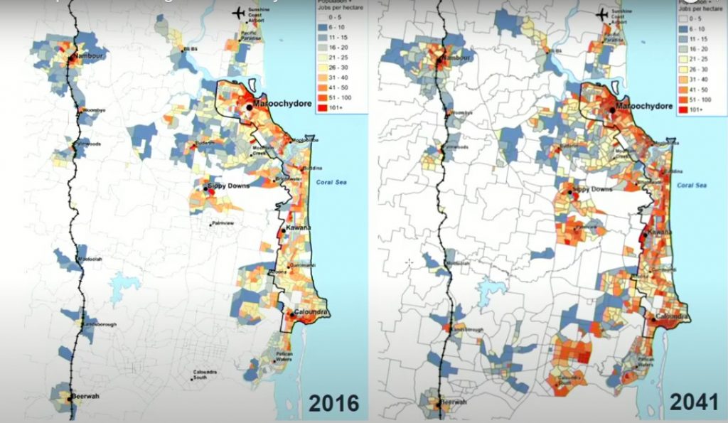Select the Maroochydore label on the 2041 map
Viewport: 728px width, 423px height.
pos(645,106)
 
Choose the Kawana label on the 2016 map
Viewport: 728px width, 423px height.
pos(299,227)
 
